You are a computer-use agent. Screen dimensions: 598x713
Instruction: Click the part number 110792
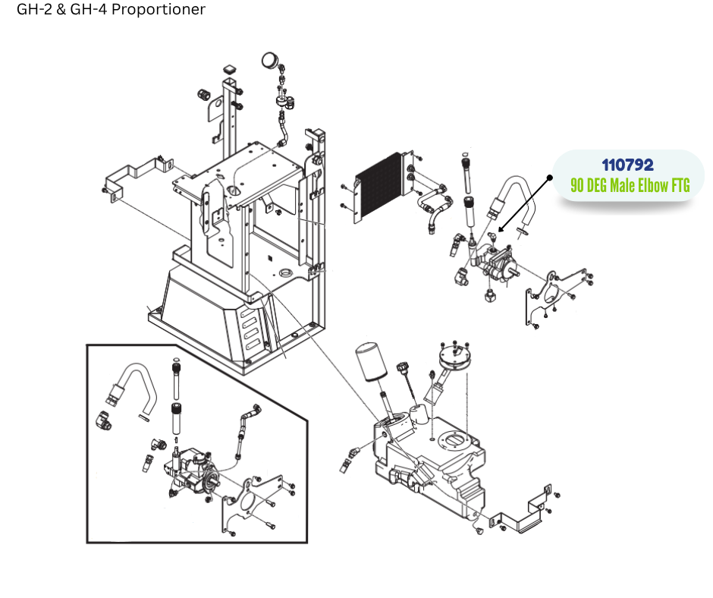click(x=627, y=165)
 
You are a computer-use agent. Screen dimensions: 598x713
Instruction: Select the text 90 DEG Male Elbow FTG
click(x=630, y=185)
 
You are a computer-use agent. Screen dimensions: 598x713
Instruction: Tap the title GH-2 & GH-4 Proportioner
click(x=111, y=10)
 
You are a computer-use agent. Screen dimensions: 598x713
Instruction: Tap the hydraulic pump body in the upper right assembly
click(x=497, y=266)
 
